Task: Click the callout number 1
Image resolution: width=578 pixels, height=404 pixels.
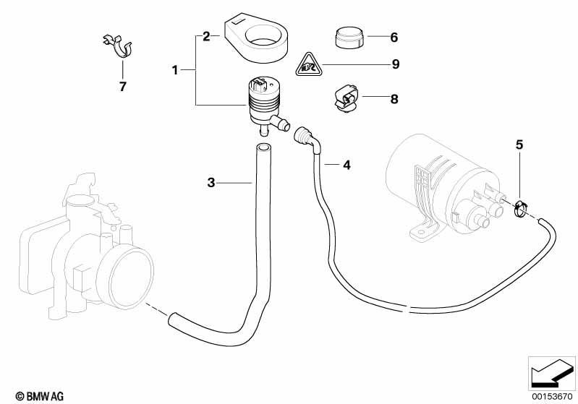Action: point(175,69)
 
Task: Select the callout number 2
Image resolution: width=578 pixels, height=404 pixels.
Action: point(206,36)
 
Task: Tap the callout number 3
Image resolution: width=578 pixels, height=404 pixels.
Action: point(211,182)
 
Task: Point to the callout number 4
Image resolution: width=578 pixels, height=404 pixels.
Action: point(347,165)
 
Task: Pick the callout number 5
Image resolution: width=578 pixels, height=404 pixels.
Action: point(519,145)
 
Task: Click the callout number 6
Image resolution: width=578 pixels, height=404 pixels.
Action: point(394,37)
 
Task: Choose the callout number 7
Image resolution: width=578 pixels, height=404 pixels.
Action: point(123,87)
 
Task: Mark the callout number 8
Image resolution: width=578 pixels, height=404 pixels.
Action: point(394,99)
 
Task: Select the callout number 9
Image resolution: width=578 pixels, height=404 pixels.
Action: point(396,64)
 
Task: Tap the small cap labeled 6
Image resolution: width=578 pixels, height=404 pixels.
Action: point(349,37)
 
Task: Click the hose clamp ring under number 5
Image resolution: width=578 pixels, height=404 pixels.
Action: point(519,209)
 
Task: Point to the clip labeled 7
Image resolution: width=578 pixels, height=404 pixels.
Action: point(119,47)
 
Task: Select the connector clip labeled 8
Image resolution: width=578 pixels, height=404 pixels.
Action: point(346,99)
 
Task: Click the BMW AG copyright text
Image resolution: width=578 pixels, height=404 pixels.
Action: point(40,396)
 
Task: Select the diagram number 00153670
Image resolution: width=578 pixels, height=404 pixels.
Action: point(552,397)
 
